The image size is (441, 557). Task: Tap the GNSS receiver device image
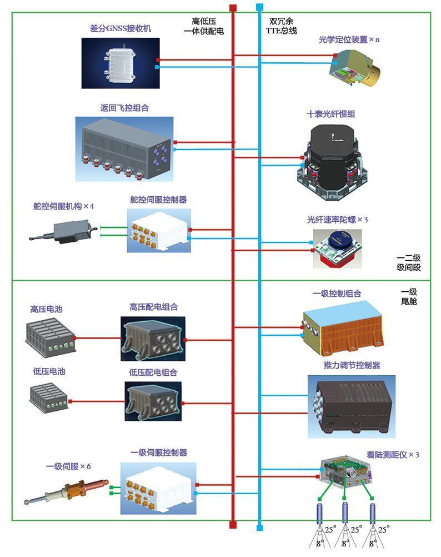pos(121,63)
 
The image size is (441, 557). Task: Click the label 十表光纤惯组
pos(331,114)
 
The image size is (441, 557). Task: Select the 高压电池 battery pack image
pos(49,336)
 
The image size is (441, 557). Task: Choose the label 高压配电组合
pos(153,307)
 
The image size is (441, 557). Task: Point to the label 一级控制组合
pos(337,294)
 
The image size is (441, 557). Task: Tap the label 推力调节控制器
pos(352,365)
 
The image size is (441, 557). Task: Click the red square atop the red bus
pos(233,8)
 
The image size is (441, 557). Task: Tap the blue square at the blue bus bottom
pos(259,526)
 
